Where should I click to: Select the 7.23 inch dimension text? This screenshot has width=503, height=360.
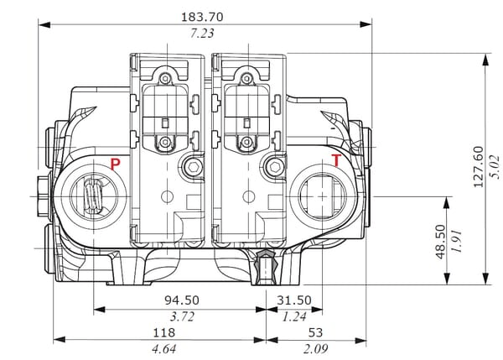pyautogui.click(x=204, y=34)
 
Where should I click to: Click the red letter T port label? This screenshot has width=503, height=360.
pyautogui.click(x=336, y=160)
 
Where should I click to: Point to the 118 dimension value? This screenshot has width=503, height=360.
pyautogui.click(x=158, y=332)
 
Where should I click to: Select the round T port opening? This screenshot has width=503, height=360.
pyautogui.click(x=321, y=196)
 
